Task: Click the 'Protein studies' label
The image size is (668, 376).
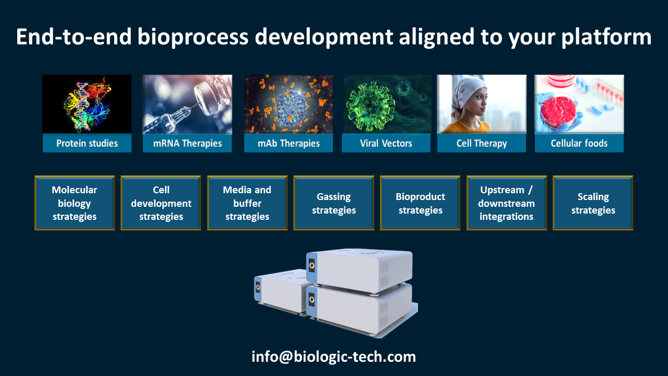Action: pyautogui.click(x=87, y=143)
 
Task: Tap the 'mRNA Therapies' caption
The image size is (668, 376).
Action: pyautogui.click(x=187, y=143)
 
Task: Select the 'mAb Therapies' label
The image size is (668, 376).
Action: pyautogui.click(x=289, y=143)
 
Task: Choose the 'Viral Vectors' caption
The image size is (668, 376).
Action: pyautogui.click(x=386, y=143)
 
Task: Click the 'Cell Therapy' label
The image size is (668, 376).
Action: pyautogui.click(x=482, y=143)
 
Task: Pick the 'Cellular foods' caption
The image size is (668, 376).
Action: pyautogui.click(x=579, y=143)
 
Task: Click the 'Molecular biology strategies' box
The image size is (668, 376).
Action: pyautogui.click(x=75, y=203)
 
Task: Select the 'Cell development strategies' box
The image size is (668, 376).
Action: pyautogui.click(x=161, y=203)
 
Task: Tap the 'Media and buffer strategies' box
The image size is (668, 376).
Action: pyautogui.click(x=247, y=203)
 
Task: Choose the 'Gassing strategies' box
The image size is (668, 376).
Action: pyautogui.click(x=334, y=203)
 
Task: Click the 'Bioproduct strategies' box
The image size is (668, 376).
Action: pyautogui.click(x=421, y=203)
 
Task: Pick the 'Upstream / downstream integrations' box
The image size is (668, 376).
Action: pyautogui.click(x=507, y=203)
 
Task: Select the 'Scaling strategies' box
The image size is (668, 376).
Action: pyautogui.click(x=593, y=203)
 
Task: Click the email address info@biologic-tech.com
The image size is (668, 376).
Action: pyautogui.click(x=334, y=357)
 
